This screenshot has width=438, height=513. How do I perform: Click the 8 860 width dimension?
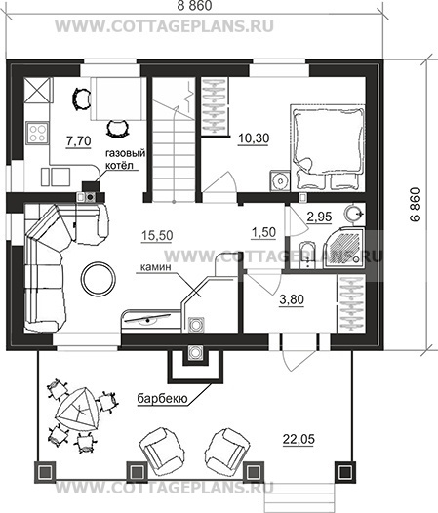point(194,6)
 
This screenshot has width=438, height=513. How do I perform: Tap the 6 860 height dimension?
point(416,205)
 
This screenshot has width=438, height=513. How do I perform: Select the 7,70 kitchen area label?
point(79,141)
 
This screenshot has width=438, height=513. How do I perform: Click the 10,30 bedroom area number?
point(254,138)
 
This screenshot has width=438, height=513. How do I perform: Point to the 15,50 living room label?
point(157,235)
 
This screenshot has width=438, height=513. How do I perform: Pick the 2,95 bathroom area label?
point(320,217)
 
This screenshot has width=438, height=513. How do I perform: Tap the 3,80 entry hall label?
point(292,299)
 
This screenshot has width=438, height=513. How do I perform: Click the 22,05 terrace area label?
point(299,439)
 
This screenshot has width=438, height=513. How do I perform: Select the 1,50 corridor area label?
point(263,232)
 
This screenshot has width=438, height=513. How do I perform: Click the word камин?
point(156,267)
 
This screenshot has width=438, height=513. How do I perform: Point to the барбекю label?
point(162,399)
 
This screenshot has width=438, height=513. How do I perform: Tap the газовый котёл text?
point(125,159)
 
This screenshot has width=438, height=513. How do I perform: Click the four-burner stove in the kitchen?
point(37,133)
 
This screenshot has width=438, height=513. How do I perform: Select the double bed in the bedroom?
point(328,147)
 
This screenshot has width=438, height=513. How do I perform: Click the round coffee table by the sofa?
point(99,279)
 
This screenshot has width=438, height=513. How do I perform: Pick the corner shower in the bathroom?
point(343,248)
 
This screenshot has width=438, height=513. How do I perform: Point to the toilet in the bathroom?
point(306,256)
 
